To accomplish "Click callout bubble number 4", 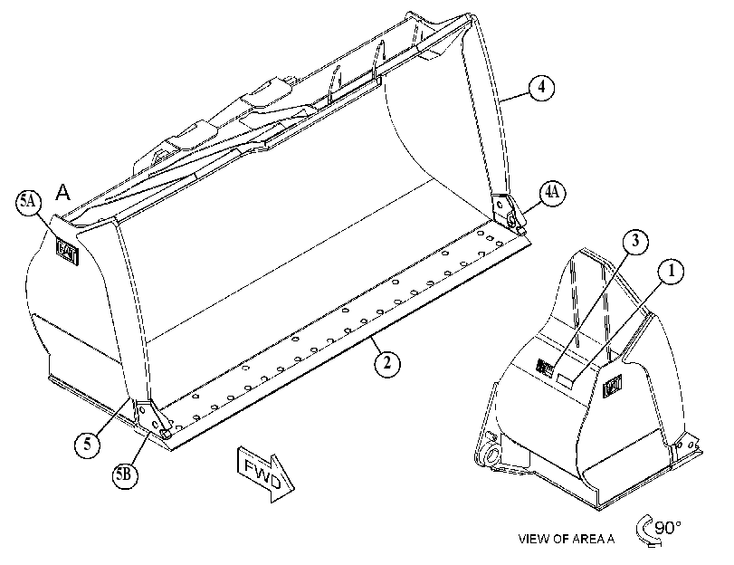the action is (x=541, y=88).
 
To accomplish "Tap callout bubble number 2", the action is (x=387, y=362).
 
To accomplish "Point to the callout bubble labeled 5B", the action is (x=125, y=475).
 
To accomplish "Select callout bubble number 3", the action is (x=635, y=241).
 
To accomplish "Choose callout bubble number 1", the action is (x=671, y=272).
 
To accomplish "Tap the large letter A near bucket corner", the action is (x=62, y=192).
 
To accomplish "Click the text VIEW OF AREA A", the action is (x=566, y=539).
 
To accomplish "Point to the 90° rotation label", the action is (x=668, y=528).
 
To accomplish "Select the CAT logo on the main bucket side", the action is (x=67, y=251).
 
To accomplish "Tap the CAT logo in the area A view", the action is (x=613, y=386).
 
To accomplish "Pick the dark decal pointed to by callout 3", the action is (x=545, y=367).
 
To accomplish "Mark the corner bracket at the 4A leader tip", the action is (x=508, y=213).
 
